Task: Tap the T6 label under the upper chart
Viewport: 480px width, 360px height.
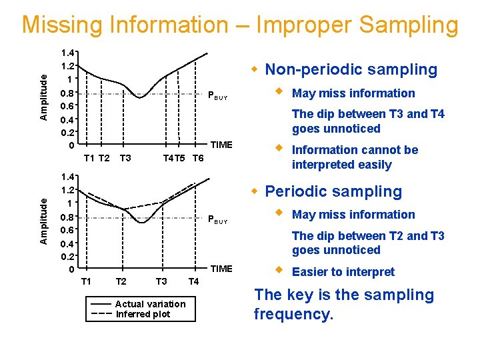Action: tap(198, 158)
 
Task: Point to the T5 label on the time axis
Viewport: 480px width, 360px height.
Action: tap(180, 158)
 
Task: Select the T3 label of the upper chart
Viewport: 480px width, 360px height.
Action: tap(125, 158)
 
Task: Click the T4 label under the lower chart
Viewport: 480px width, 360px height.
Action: tap(193, 281)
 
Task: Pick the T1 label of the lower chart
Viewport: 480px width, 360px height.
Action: tap(86, 281)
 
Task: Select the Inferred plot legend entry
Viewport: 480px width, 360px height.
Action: tap(143, 315)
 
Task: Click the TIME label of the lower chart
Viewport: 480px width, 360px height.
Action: tap(221, 269)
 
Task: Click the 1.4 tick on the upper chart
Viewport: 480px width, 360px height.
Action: tap(67, 53)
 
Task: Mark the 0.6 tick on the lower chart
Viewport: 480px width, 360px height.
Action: tap(67, 230)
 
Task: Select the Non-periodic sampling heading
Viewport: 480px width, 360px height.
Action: tap(351, 69)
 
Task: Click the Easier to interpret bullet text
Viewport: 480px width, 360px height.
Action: tap(343, 272)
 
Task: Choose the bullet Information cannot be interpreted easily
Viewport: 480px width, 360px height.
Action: tap(355, 157)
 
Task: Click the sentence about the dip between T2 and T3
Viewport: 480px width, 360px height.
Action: tap(368, 243)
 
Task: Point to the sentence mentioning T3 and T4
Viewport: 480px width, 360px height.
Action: tap(368, 121)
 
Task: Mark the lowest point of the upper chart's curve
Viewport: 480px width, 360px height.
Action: tap(140, 97)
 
